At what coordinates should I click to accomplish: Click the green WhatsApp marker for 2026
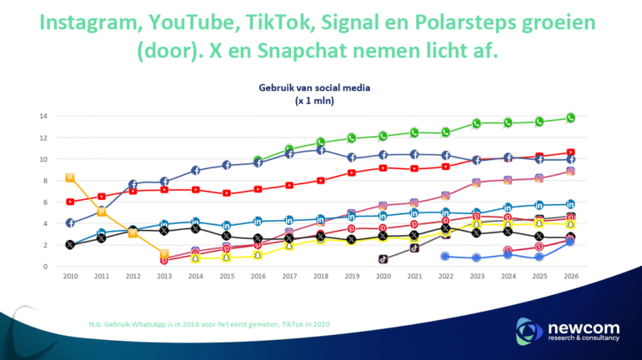click(570, 118)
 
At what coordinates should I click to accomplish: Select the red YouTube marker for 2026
click(570, 152)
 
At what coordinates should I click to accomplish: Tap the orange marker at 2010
click(70, 177)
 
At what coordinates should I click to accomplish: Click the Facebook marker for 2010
click(70, 223)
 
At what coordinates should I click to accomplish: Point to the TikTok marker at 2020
click(383, 259)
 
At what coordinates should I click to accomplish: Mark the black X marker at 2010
click(70, 245)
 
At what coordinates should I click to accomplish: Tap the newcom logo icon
click(529, 330)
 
